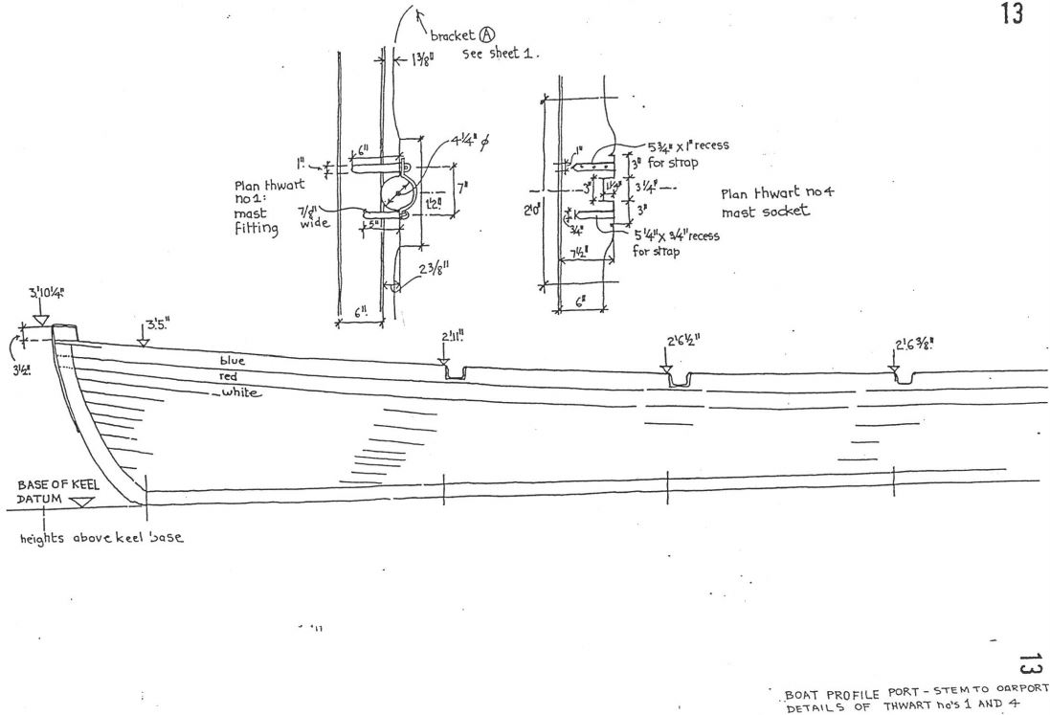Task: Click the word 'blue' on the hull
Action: [233, 361]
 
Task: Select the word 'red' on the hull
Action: [229, 376]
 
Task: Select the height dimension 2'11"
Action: [454, 335]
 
